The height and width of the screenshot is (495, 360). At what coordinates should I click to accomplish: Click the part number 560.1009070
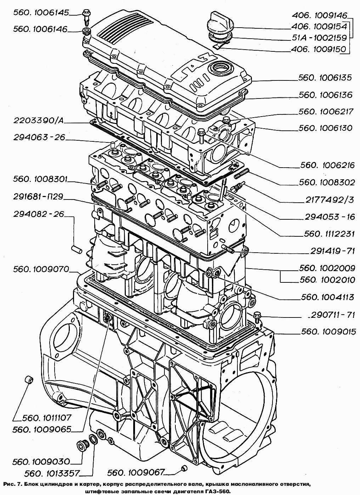point(41,269)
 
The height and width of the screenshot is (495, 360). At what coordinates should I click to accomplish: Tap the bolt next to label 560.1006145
point(86,15)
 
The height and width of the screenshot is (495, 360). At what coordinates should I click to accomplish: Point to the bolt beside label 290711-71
point(258,315)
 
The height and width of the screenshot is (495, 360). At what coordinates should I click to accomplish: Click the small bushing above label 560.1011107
point(28,380)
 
